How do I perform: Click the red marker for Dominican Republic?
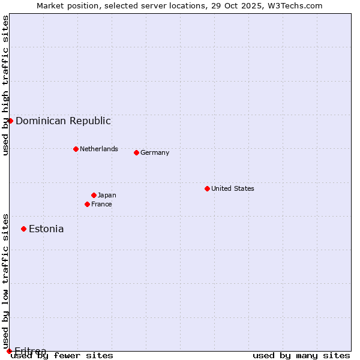[10, 121]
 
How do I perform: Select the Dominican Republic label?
[63, 121]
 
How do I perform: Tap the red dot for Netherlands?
[76, 149]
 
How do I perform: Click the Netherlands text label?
[99, 149]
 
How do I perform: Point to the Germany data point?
[136, 152]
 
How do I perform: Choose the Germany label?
[155, 152]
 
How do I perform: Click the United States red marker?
[207, 188]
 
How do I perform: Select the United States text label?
[233, 188]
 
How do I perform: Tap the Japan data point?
[94, 195]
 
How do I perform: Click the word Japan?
[107, 195]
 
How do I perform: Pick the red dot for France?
[87, 204]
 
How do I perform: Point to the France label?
[101, 204]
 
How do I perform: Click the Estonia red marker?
[23, 229]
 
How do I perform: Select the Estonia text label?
[46, 229]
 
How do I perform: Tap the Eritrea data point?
[9, 351]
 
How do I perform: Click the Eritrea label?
[31, 350]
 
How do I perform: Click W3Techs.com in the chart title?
[295, 5]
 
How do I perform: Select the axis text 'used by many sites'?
[301, 356]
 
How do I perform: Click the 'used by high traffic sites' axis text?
[6, 85]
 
